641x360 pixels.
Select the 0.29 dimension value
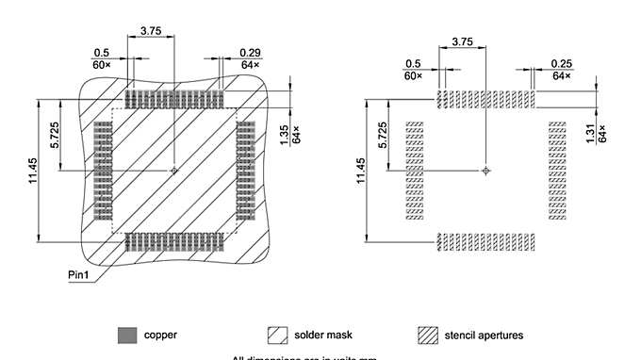(250, 53)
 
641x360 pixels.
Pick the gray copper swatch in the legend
(126, 335)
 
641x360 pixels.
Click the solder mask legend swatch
(278, 335)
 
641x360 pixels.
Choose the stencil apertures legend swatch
(428, 335)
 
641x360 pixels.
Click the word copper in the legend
(160, 335)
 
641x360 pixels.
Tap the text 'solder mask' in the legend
(320, 335)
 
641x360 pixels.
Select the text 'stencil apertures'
(484, 335)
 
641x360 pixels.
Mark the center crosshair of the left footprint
(174, 171)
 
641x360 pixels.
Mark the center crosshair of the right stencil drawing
(485, 171)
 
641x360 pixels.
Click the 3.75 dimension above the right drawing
(462, 42)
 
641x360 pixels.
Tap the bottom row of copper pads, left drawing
(174, 241)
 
